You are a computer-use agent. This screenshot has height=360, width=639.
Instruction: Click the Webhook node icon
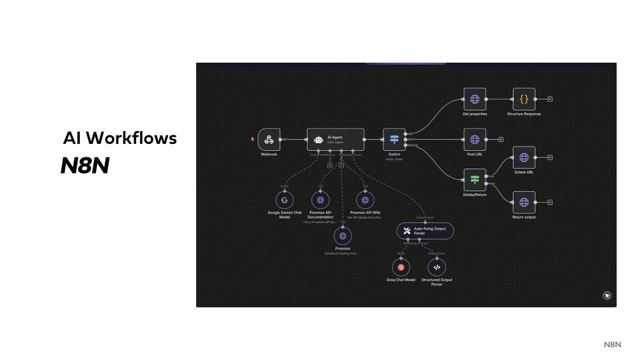pyautogui.click(x=269, y=139)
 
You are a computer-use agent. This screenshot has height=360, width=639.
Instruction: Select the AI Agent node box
pyautogui.click(x=335, y=139)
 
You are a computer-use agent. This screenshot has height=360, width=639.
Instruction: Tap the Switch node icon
pyautogui.click(x=394, y=139)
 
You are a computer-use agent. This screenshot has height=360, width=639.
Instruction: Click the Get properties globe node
pyautogui.click(x=475, y=99)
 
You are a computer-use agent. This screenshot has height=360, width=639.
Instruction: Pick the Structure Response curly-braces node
pyautogui.click(x=524, y=99)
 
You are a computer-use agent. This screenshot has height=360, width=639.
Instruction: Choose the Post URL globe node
pyautogui.click(x=475, y=139)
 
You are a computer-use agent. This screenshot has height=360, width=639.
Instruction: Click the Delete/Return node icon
pyautogui.click(x=475, y=180)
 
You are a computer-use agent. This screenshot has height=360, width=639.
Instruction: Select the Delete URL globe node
pyautogui.click(x=524, y=157)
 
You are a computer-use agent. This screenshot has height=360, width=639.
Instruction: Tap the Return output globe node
pyautogui.click(x=524, y=203)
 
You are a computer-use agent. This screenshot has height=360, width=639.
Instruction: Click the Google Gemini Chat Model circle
pyautogui.click(x=284, y=200)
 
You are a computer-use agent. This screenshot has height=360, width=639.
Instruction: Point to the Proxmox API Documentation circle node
pyautogui.click(x=321, y=200)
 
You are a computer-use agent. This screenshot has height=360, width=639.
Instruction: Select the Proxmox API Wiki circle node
pyautogui.click(x=365, y=200)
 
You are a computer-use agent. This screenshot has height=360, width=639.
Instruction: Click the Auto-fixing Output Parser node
pyautogui.click(x=425, y=230)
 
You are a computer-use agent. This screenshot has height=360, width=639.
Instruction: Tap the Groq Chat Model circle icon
pyautogui.click(x=401, y=267)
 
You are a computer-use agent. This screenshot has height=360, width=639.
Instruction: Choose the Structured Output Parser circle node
pyautogui.click(x=436, y=267)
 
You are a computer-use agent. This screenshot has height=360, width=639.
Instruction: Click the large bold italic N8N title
pyautogui.click(x=85, y=166)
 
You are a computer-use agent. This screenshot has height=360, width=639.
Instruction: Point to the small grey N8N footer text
pyautogui.click(x=612, y=345)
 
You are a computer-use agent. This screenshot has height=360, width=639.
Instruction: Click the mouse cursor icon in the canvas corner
pyautogui.click(x=607, y=295)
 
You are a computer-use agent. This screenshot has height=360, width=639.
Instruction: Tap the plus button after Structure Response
pyautogui.click(x=550, y=99)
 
